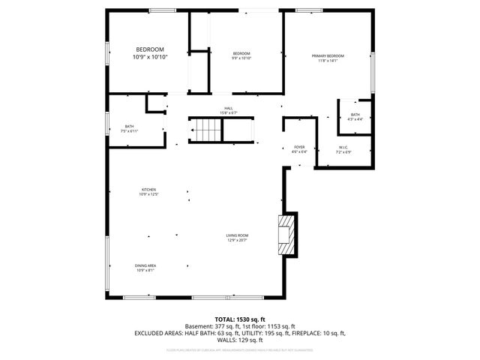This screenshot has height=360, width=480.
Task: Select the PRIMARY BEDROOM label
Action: pyautogui.click(x=328, y=56)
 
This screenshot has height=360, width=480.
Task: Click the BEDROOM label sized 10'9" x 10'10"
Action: pyautogui.click(x=149, y=49)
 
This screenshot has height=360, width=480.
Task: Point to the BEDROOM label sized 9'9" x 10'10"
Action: pyautogui.click(x=241, y=53)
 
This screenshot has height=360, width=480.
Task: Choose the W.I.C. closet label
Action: pyautogui.click(x=344, y=147)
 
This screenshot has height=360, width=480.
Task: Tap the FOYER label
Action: pyautogui.click(x=299, y=147)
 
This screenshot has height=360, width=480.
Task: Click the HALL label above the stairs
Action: pyautogui.click(x=229, y=108)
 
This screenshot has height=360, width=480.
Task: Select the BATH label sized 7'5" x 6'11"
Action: pyautogui.click(x=129, y=126)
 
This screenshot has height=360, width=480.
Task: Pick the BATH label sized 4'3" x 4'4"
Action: pyautogui.click(x=355, y=114)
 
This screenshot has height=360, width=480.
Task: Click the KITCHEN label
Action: pyautogui.click(x=148, y=189)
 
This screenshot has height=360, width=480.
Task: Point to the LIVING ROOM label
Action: pyautogui.click(x=237, y=235)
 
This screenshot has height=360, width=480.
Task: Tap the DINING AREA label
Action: pyautogui.click(x=145, y=265)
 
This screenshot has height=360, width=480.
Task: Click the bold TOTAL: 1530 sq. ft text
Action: pyautogui.click(x=240, y=319)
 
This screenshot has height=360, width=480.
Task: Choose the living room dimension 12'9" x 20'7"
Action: pyautogui.click(x=237, y=241)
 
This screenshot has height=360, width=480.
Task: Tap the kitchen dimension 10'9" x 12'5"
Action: pyautogui.click(x=148, y=194)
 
